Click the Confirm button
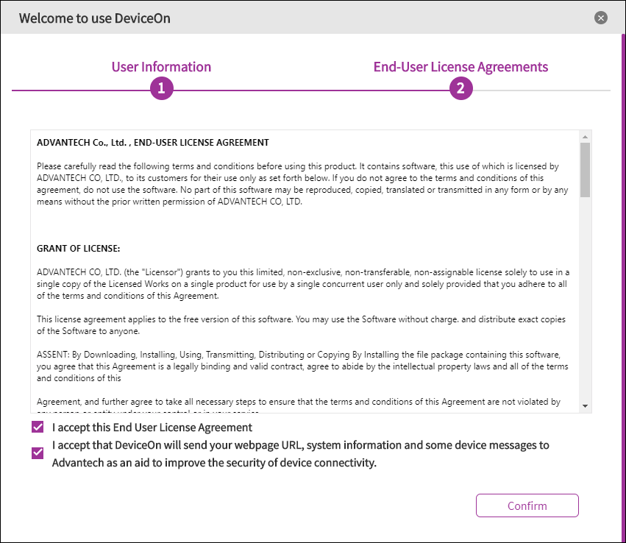(527, 505)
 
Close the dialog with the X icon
(601, 18)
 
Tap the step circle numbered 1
(161, 89)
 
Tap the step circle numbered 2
(460, 89)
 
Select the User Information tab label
(161, 67)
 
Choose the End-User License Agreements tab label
(460, 67)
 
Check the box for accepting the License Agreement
(38, 427)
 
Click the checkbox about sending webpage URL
(38, 452)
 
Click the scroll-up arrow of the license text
(585, 137)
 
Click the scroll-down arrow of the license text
(585, 405)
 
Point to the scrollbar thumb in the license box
(585, 170)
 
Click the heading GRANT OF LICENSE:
(78, 248)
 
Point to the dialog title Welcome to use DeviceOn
(94, 18)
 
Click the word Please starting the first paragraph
(49, 167)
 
